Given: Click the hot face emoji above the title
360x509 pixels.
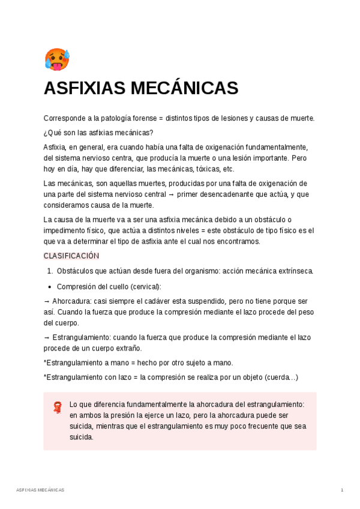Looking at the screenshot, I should (x=57, y=60).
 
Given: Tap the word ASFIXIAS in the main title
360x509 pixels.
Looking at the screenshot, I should (x=84, y=89).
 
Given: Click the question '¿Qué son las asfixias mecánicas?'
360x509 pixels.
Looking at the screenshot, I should (x=98, y=133).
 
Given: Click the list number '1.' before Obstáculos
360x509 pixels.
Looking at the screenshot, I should (x=50, y=271).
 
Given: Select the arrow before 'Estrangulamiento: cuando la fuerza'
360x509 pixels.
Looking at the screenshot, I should (x=47, y=338).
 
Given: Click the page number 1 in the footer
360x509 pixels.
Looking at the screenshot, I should (x=342, y=490).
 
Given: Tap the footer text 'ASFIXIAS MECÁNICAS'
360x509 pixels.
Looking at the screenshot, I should (x=40, y=490).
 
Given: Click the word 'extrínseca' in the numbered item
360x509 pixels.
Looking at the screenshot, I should (x=295, y=271).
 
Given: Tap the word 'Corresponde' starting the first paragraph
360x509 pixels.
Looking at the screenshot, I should (x=64, y=118).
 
